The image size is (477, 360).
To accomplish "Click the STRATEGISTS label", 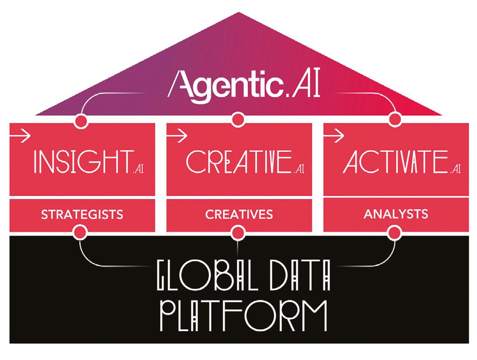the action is coord(82,214).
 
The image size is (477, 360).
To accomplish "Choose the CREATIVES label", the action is coord(239,214).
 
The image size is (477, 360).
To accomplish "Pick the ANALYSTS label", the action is coord(396,214).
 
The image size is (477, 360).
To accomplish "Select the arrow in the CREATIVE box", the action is coord(177,136).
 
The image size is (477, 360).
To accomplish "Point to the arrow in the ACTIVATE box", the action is coord(333,136).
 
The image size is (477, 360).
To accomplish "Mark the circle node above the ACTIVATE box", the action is coord(395,119).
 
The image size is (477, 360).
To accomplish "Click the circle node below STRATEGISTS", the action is coord(80,232).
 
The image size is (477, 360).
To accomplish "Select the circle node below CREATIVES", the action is coord(237,232).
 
